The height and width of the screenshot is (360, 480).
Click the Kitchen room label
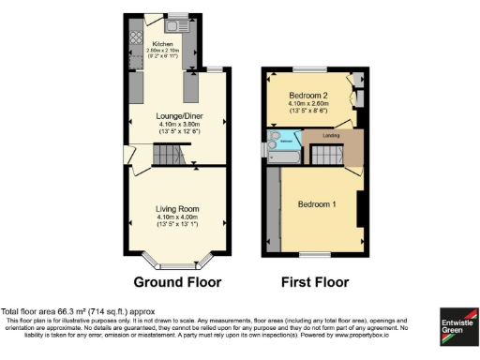click(x=163, y=44)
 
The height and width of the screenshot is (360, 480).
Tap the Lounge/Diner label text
click(x=179, y=116)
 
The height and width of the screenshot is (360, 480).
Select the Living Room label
click(x=178, y=211)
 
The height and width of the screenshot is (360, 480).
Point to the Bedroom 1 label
click(x=318, y=204)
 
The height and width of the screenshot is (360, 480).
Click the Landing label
click(x=331, y=137)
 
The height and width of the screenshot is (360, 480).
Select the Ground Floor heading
click(x=177, y=282)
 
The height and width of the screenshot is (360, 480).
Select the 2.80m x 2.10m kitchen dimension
click(x=163, y=51)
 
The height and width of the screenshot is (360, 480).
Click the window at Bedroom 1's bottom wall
click(x=314, y=255)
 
